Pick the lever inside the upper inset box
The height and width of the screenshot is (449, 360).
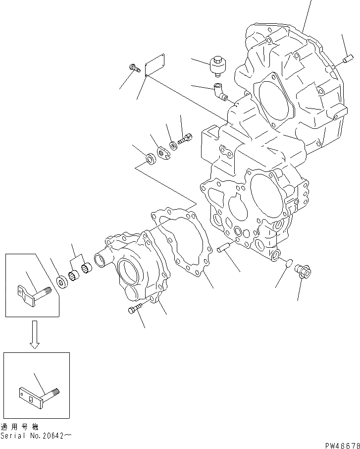coord(34,298)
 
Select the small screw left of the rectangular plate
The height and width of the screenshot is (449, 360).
coord(133,69)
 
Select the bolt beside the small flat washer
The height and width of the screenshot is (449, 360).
coord(185,140)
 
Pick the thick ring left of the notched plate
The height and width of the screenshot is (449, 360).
coord(149,159)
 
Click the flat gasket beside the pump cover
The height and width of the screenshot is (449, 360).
coord(185,243)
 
